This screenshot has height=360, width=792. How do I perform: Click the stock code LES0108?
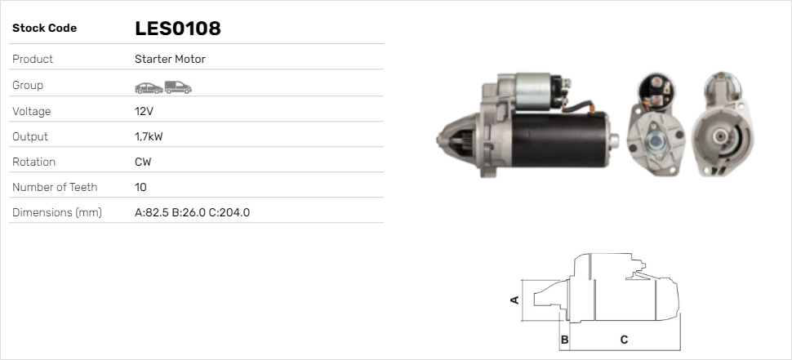(178, 29)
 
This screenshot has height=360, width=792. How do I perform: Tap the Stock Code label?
(44, 29)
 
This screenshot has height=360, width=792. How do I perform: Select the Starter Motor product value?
(170, 59)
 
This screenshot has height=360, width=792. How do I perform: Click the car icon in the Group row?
(149, 88)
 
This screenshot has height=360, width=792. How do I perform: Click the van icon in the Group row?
(178, 87)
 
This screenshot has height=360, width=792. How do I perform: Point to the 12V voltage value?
(144, 111)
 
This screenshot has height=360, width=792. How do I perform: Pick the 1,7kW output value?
(149, 137)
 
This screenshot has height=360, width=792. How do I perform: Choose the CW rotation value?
(143, 162)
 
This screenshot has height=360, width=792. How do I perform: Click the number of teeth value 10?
(140, 187)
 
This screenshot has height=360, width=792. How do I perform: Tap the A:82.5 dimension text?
(152, 212)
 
